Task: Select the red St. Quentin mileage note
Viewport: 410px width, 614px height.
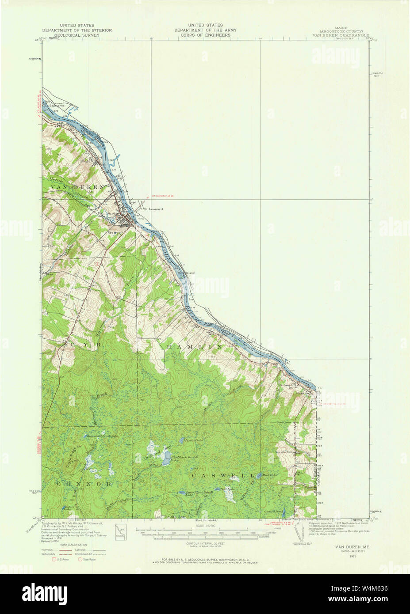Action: click(x=164, y=196)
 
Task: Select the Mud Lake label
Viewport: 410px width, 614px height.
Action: click(x=269, y=476)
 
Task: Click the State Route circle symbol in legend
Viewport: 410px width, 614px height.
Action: click(x=80, y=560)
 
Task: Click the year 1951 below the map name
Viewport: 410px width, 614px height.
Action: click(x=353, y=556)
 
